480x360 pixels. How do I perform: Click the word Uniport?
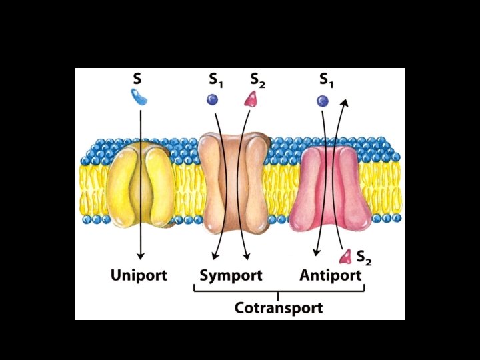click(x=139, y=275)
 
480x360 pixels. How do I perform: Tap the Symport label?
click(x=231, y=275)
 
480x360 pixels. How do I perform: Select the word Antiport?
click(x=331, y=275)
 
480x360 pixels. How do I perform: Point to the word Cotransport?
click(x=279, y=308)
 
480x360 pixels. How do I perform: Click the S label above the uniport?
click(x=137, y=79)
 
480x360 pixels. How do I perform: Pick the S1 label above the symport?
click(x=215, y=80)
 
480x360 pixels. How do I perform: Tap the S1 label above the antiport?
click(x=326, y=80)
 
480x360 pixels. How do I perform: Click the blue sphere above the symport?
click(x=212, y=99)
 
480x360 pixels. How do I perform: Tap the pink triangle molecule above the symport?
click(x=252, y=100)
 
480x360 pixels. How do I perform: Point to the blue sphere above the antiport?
click(x=323, y=101)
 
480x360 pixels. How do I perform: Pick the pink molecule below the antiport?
click(x=346, y=256)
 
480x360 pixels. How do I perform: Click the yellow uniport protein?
click(x=141, y=186)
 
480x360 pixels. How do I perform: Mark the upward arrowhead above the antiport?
click(x=345, y=103)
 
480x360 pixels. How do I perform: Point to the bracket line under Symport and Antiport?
click(x=279, y=291)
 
